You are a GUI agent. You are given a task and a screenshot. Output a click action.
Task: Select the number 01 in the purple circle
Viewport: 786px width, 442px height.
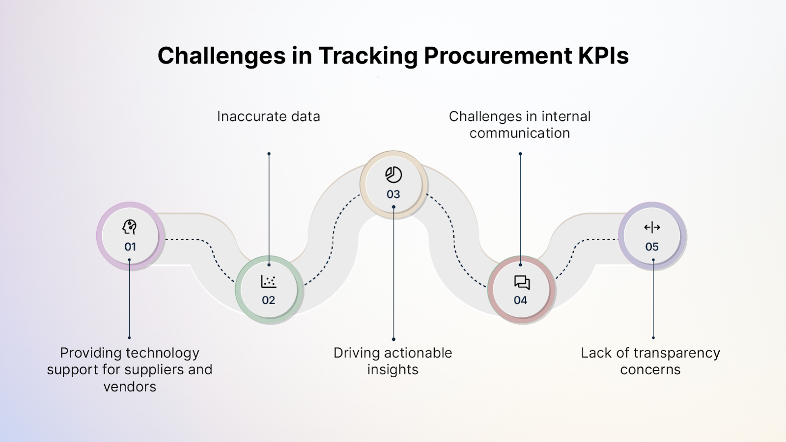(130, 247)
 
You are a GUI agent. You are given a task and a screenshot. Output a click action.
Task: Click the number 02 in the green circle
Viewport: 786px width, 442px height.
(268, 300)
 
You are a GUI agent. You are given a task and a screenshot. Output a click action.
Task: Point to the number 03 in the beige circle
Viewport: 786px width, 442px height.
(393, 194)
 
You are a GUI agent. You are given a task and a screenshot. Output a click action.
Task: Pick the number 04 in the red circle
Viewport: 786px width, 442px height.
(520, 300)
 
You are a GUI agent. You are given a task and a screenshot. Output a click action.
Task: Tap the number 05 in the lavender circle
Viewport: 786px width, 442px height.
(652, 247)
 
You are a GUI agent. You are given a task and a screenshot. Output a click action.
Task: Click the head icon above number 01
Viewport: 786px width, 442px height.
(130, 227)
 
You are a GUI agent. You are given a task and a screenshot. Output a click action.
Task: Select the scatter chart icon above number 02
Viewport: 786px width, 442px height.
(268, 281)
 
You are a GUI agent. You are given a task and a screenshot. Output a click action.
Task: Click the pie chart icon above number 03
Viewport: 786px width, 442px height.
(393, 175)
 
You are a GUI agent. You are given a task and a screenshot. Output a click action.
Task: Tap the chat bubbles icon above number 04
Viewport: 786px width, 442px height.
(522, 282)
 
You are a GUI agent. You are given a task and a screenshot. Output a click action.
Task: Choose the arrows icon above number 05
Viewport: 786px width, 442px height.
(652, 227)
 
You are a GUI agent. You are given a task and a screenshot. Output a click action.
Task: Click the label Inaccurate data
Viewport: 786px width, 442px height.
(269, 116)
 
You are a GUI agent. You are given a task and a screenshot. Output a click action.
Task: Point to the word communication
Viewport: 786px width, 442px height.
(520, 133)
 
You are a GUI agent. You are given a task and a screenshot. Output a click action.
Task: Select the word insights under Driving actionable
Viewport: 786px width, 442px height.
(393, 370)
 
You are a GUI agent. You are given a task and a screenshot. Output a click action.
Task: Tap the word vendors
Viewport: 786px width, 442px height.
(130, 387)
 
